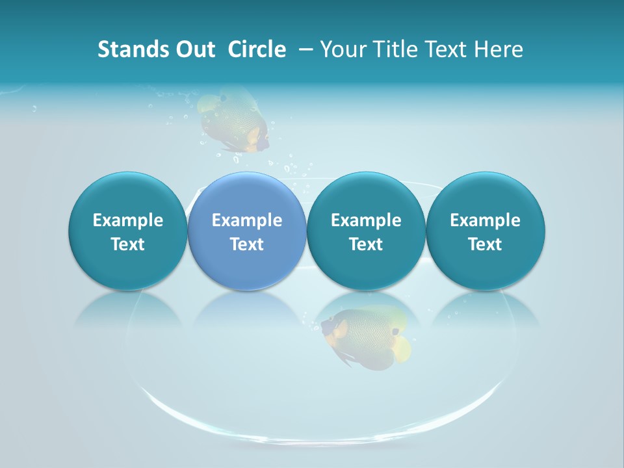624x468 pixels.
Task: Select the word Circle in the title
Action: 257,49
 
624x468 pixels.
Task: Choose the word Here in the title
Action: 499,49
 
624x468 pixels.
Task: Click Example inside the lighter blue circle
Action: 247,220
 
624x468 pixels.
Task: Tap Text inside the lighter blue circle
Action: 247,244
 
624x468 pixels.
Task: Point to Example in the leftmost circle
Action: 127,220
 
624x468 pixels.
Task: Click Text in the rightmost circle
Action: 485,244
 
